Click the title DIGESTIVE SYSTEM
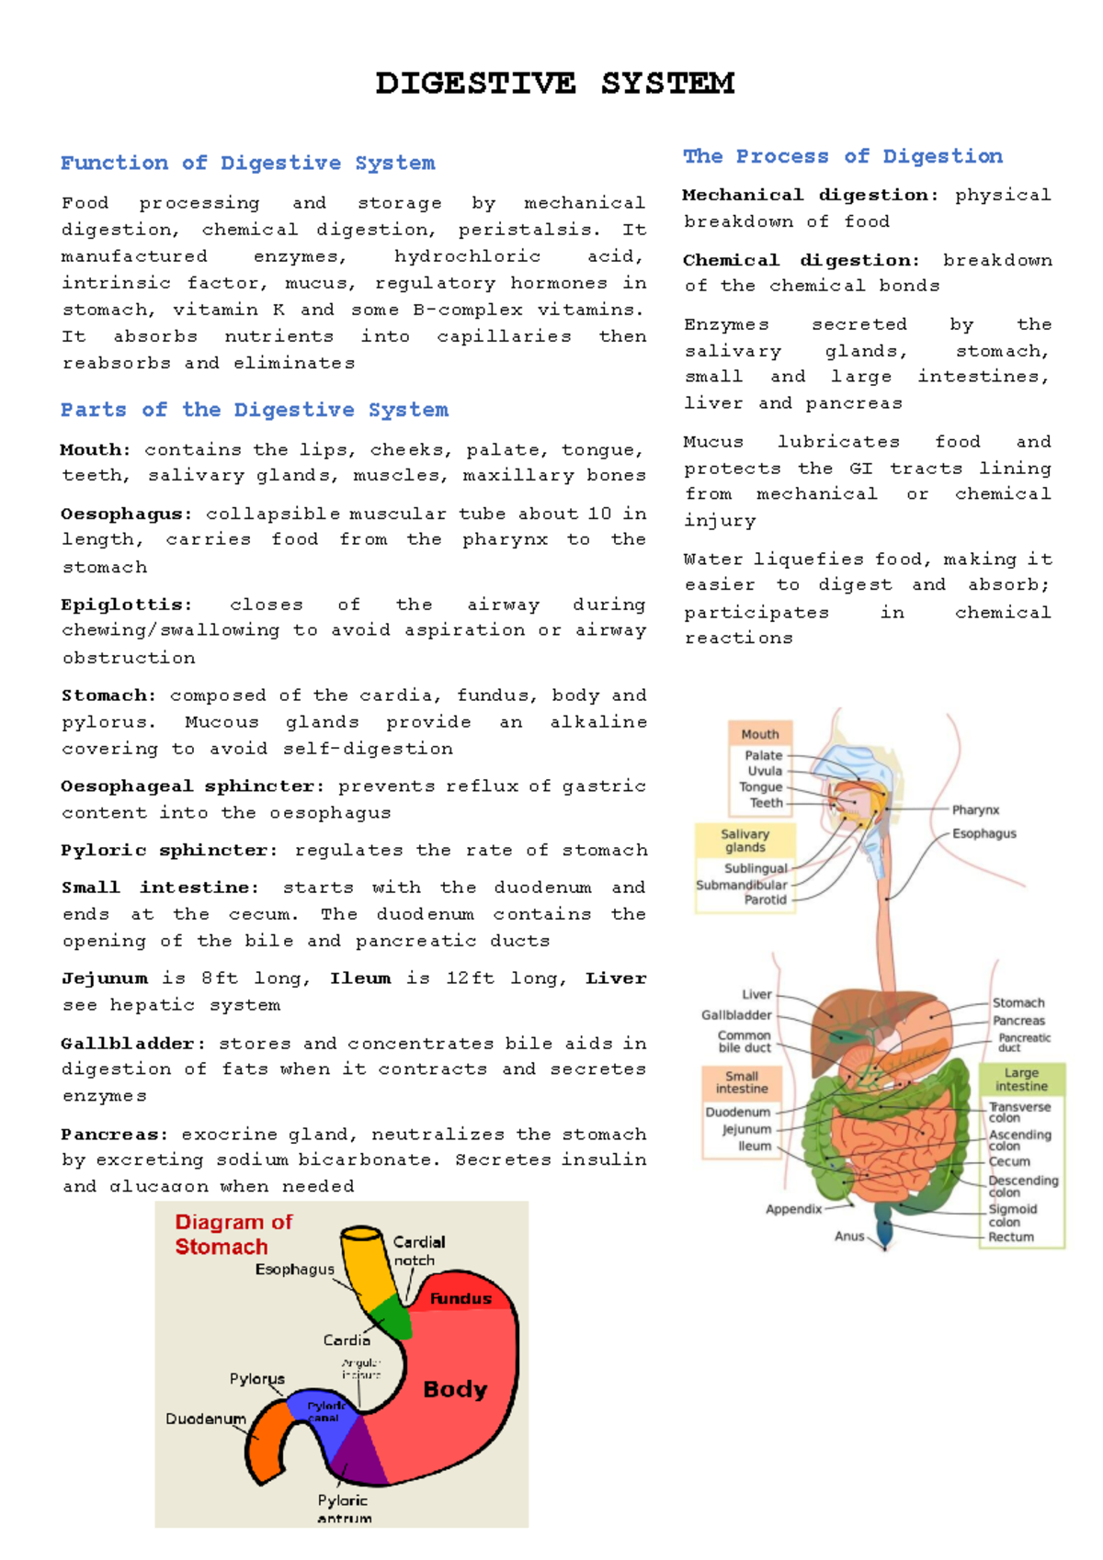(x=554, y=84)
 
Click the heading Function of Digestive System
(x=247, y=164)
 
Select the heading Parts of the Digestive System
(x=254, y=410)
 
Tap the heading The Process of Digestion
(x=842, y=156)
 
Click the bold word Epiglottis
(x=126, y=605)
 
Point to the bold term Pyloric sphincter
(x=168, y=851)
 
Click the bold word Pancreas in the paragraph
(x=114, y=1135)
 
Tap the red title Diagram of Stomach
(x=233, y=1234)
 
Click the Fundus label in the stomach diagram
(x=461, y=1298)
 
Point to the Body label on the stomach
(x=455, y=1389)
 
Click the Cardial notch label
(x=418, y=1250)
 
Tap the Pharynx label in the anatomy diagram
(x=975, y=809)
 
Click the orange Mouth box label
(x=759, y=734)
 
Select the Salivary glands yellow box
(x=745, y=841)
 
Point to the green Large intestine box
(x=1020, y=1079)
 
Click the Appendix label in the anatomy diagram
(x=793, y=1209)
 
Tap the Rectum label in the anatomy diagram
(x=1011, y=1237)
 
